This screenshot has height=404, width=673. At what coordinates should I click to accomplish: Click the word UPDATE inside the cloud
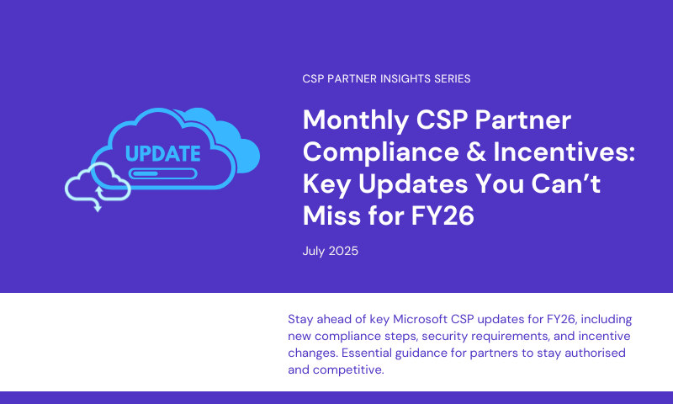(162, 154)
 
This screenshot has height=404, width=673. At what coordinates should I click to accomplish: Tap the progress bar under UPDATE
(162, 174)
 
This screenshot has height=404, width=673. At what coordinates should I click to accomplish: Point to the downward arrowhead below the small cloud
(98, 208)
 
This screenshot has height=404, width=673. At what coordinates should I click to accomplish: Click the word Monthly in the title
(356, 120)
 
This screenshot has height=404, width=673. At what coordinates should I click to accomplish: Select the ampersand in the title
(475, 152)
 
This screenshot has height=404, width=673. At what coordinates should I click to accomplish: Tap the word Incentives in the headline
(564, 152)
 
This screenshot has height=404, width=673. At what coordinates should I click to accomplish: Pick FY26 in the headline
(442, 215)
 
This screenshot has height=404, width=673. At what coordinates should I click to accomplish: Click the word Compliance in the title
(381, 153)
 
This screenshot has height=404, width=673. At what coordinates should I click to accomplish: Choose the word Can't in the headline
(565, 183)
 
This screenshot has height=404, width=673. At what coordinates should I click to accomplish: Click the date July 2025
(330, 251)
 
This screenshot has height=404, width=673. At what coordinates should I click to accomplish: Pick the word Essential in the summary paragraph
(366, 353)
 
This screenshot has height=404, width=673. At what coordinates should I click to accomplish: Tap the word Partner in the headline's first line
(522, 120)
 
